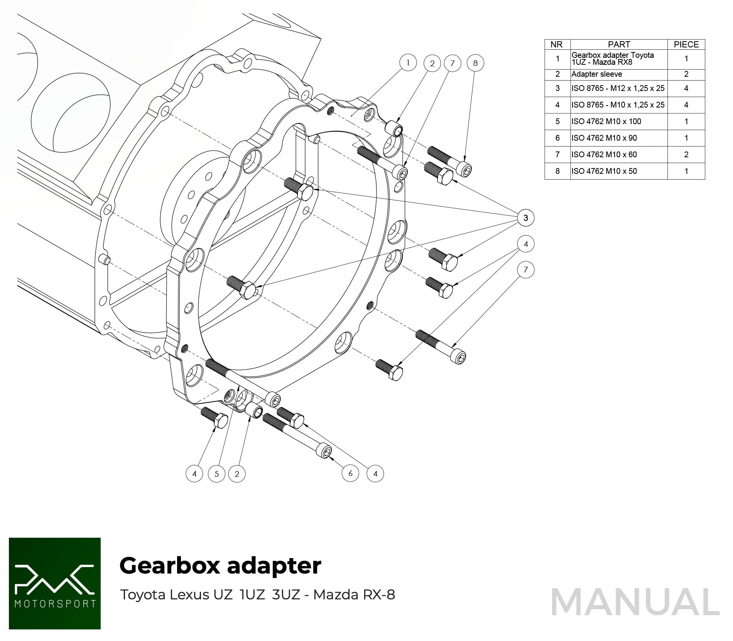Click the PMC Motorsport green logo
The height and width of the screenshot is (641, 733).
55,583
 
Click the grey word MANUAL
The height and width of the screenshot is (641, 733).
635,602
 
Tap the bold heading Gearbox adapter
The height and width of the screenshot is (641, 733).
220,566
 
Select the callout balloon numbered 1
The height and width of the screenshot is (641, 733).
408,62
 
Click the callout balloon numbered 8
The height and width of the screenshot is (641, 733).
475,63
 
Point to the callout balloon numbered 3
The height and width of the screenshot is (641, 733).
525,218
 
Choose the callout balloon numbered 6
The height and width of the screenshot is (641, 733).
350,473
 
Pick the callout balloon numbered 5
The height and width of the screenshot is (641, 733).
216,474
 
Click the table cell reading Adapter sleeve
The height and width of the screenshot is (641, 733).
619,74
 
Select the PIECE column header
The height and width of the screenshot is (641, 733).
686,44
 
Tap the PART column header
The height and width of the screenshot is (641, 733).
619,44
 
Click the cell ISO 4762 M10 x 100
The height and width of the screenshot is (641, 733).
619,121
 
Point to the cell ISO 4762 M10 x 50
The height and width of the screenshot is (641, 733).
619,171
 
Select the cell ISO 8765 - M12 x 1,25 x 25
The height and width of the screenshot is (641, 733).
619,88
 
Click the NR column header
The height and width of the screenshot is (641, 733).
557,44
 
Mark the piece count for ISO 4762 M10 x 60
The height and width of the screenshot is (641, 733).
686,155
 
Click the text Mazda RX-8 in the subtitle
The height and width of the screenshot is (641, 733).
354,595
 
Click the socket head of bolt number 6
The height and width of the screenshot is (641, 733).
325,451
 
